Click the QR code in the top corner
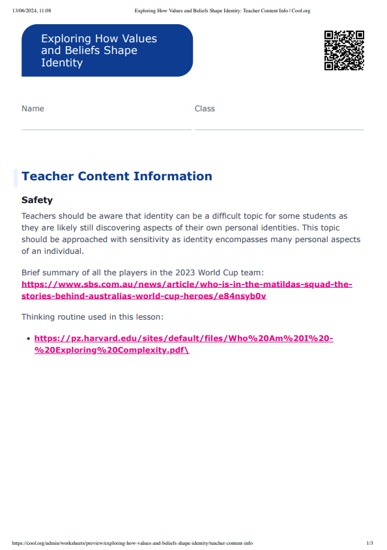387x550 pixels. [x=344, y=50]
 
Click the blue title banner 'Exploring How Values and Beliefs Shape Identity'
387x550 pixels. [x=107, y=51]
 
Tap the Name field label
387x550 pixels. [x=33, y=109]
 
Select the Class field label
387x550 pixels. [x=205, y=109]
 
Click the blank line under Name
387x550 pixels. [x=106, y=129]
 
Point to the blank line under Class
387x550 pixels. [x=279, y=129]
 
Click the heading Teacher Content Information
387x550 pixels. [x=117, y=176]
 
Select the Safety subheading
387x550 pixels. [x=37, y=200]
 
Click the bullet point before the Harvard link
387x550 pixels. [x=28, y=339]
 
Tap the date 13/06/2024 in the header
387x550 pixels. [x=23, y=11]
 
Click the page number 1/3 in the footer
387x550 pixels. [x=369, y=543]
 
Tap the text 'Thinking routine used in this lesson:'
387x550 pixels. [x=92, y=317]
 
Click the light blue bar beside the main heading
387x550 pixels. [x=16, y=177]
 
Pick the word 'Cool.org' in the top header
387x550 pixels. [x=300, y=11]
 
